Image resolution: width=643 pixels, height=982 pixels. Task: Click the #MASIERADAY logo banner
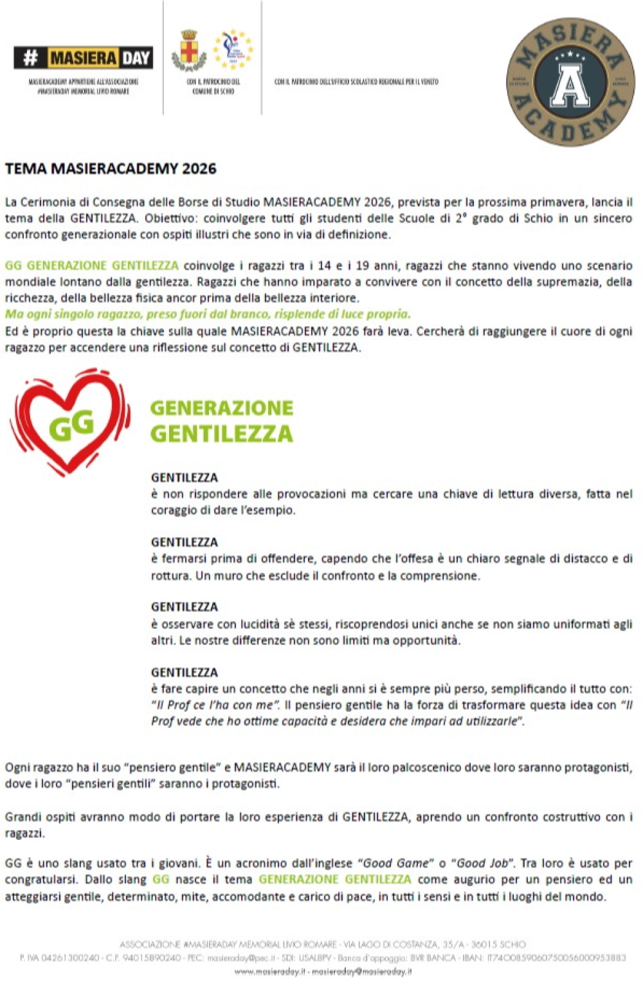tap(84, 59)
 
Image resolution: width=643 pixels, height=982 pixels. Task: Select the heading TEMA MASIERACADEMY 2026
tap(111, 169)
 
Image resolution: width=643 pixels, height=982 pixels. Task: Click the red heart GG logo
tap(69, 422)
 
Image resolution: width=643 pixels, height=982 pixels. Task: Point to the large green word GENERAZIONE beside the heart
tap(221, 408)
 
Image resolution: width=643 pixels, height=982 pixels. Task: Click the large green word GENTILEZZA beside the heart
tap(221, 434)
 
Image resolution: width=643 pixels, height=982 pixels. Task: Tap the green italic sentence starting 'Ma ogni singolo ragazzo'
tap(207, 314)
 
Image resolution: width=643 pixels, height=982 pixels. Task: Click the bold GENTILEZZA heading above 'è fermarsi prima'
tap(184, 542)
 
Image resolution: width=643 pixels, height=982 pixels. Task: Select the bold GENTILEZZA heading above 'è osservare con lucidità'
tap(184, 606)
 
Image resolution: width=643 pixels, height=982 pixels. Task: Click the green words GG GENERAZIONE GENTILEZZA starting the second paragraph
tap(91, 266)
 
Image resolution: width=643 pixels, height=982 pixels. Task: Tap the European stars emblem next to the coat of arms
tap(233, 50)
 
